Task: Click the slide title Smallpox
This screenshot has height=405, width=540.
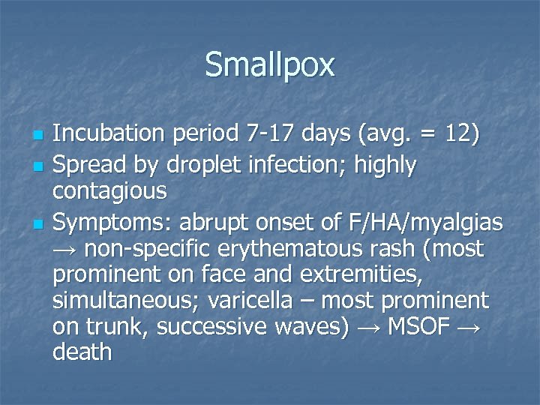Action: click(x=270, y=65)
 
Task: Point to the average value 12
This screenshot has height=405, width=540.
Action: click(x=458, y=134)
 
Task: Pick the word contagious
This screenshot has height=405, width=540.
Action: click(x=109, y=191)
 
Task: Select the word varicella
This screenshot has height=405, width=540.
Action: click(x=254, y=301)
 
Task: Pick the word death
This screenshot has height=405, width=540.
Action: click(x=82, y=352)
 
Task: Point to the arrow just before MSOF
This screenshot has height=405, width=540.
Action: click(x=367, y=327)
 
